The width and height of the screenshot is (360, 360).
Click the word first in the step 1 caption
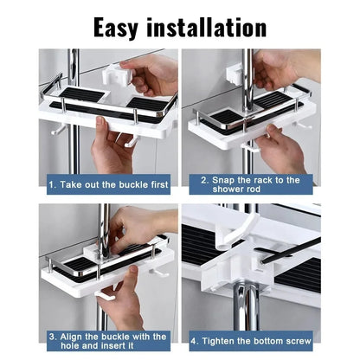tap(155, 184)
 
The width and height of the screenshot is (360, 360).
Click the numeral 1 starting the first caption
tap(51, 184)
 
